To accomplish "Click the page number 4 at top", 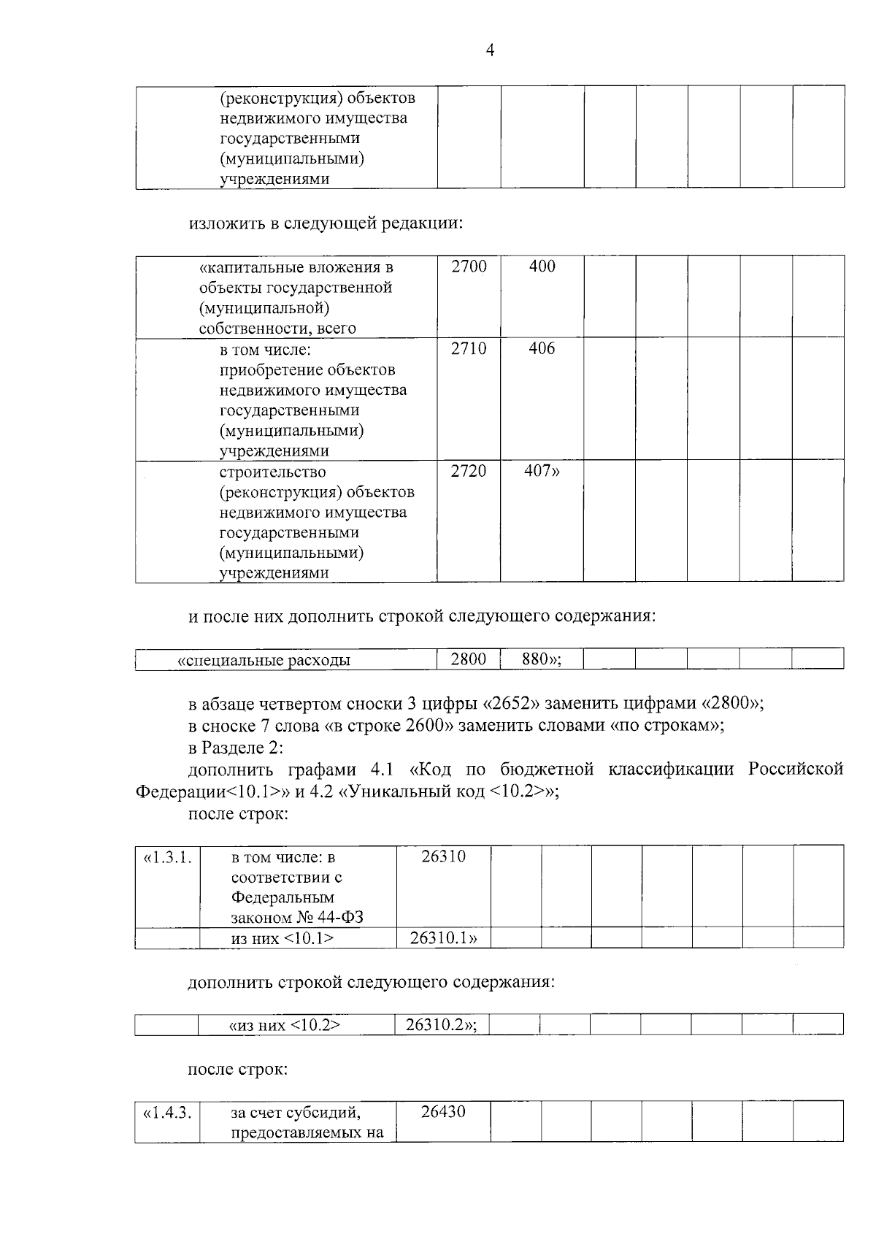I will coord(490,50).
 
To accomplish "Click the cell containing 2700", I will coord(469,266).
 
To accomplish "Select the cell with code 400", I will coord(542,266).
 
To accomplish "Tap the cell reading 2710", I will coord(469,348).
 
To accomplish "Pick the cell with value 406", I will coord(542,348).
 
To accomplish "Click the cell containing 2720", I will coord(469,471).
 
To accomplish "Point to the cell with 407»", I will coord(542,471).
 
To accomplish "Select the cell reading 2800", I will coord(469,659).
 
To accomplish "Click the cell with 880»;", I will coord(542,659).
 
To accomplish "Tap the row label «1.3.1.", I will coord(168,857).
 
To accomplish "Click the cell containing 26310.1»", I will coord(443,938).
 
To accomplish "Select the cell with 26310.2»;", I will coord(441,1024).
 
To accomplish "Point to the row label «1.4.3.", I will coord(168,1113).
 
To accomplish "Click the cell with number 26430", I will coord(443,1112).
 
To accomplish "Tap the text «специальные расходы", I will coord(264,660).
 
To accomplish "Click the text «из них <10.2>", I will coord(285,1025).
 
